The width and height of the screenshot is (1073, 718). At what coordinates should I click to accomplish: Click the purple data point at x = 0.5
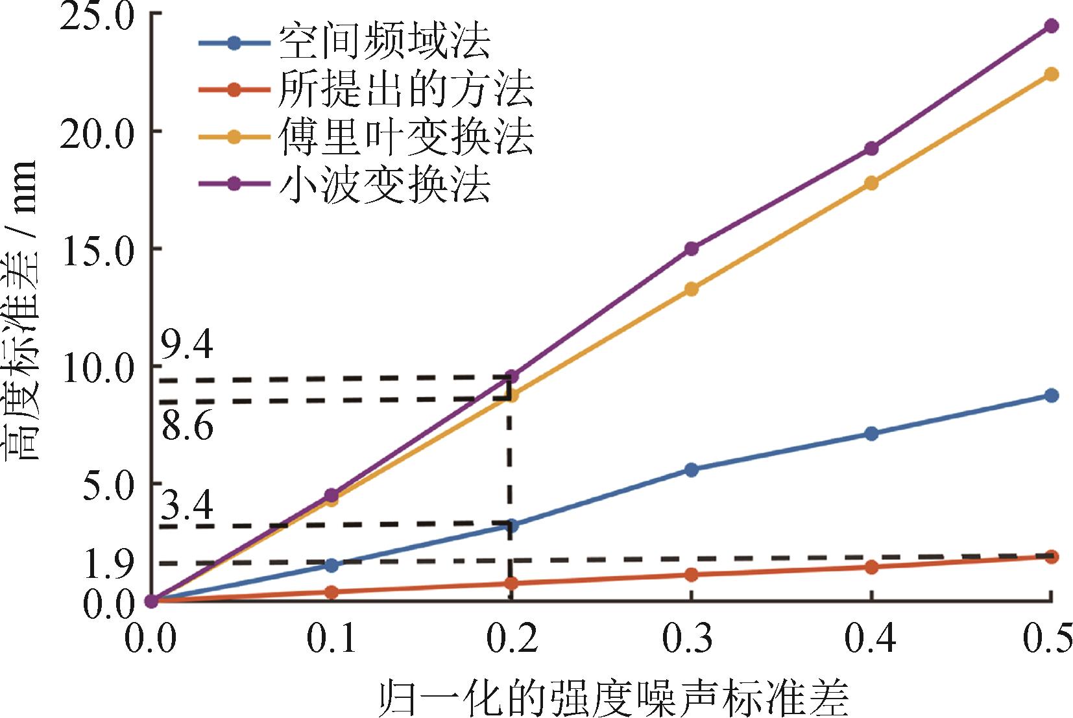click(1051, 26)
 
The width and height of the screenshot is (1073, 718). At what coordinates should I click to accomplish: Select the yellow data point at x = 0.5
click(1051, 74)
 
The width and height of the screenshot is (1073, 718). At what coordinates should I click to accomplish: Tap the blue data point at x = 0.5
click(1051, 396)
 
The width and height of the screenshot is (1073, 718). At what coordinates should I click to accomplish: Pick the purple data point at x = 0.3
click(692, 248)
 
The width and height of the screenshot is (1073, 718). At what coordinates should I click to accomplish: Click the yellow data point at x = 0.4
click(871, 183)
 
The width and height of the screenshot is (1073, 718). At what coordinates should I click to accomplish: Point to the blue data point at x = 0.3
click(692, 470)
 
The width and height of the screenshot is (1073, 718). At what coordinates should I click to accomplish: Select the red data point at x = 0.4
click(871, 567)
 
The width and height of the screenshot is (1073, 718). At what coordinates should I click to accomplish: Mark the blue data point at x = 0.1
click(332, 565)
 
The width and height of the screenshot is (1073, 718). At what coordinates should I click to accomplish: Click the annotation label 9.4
click(187, 346)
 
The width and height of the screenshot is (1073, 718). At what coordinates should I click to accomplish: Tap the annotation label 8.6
click(187, 427)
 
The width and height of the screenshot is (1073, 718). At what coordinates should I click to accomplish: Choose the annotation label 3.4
click(187, 505)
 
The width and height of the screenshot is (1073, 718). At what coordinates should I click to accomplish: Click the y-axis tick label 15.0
click(97, 250)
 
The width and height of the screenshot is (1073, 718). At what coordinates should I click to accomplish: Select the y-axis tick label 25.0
click(97, 16)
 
